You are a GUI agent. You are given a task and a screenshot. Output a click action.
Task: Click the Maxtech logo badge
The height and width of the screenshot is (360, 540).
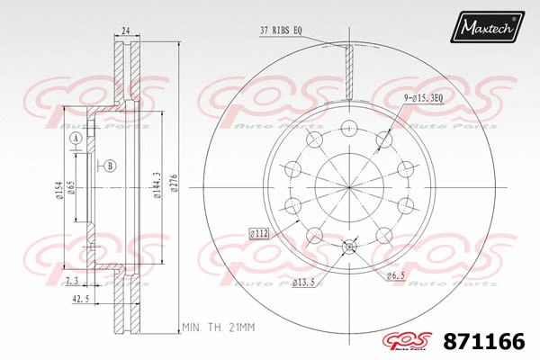pyautogui.click(x=487, y=27)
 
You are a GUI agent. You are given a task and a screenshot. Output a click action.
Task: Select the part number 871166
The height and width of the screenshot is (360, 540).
pyautogui.click(x=484, y=341)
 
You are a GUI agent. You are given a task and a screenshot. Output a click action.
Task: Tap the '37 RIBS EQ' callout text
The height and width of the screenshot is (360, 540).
pyautogui.click(x=281, y=31)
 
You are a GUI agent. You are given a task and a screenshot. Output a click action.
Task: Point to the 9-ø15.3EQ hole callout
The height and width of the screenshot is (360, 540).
pyautogui.click(x=423, y=98)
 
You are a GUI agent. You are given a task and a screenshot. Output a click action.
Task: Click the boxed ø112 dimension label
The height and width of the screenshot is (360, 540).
pyautogui.click(x=259, y=234)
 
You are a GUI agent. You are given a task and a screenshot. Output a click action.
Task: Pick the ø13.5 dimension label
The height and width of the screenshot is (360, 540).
pyautogui.click(x=303, y=283)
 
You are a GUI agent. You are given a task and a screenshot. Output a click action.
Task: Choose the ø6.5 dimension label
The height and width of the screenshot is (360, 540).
pyautogui.click(x=395, y=275)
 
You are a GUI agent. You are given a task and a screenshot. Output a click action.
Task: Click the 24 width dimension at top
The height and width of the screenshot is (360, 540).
pyautogui.click(x=126, y=31)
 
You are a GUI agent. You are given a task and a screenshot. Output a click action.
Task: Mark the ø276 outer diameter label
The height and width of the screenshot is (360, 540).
pyautogui.click(x=173, y=183)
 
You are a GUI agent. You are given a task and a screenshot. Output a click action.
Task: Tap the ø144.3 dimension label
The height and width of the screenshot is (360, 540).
pyautogui.click(x=157, y=185)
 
